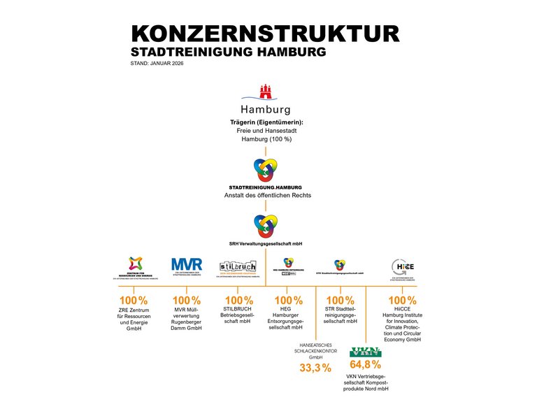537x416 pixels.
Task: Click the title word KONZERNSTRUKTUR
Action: (x=265, y=34)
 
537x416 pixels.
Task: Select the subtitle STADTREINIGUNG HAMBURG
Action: (x=228, y=52)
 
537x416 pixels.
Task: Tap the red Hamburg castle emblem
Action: (x=265, y=92)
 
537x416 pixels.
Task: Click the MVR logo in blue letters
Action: (x=187, y=264)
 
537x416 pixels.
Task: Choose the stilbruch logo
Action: (x=238, y=266)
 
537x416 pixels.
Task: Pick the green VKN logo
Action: (x=365, y=351)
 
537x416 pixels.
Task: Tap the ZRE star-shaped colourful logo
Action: (x=136, y=264)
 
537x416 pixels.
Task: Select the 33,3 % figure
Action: (x=315, y=368)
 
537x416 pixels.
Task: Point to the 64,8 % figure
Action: (x=365, y=364)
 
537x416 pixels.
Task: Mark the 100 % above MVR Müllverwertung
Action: (x=187, y=301)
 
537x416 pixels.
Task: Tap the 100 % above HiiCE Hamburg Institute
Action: (x=402, y=301)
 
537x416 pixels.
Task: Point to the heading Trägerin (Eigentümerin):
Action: (x=266, y=122)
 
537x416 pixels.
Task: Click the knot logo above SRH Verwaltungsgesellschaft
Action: (x=266, y=225)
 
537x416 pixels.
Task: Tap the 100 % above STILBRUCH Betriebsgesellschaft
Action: (x=239, y=301)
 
